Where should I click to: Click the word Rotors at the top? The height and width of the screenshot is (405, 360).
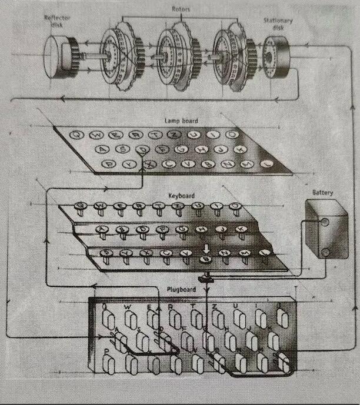point(180,10)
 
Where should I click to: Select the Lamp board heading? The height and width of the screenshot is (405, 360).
point(182,121)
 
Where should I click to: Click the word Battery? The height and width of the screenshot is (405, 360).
point(323,193)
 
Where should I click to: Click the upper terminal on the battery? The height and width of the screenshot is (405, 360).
point(324,222)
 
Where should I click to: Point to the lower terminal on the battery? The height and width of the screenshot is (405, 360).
point(325,252)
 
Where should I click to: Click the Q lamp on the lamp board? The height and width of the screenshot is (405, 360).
point(76,135)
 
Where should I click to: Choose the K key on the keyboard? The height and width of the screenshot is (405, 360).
point(240,229)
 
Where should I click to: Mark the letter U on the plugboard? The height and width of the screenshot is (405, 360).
point(236,306)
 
